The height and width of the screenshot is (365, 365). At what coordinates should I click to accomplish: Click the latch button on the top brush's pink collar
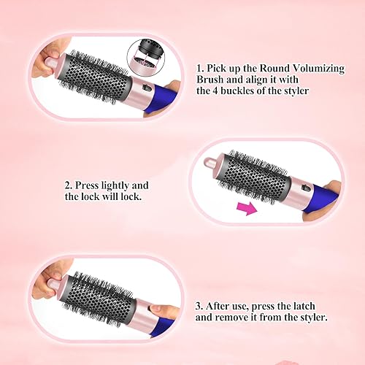[x=145, y=91]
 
